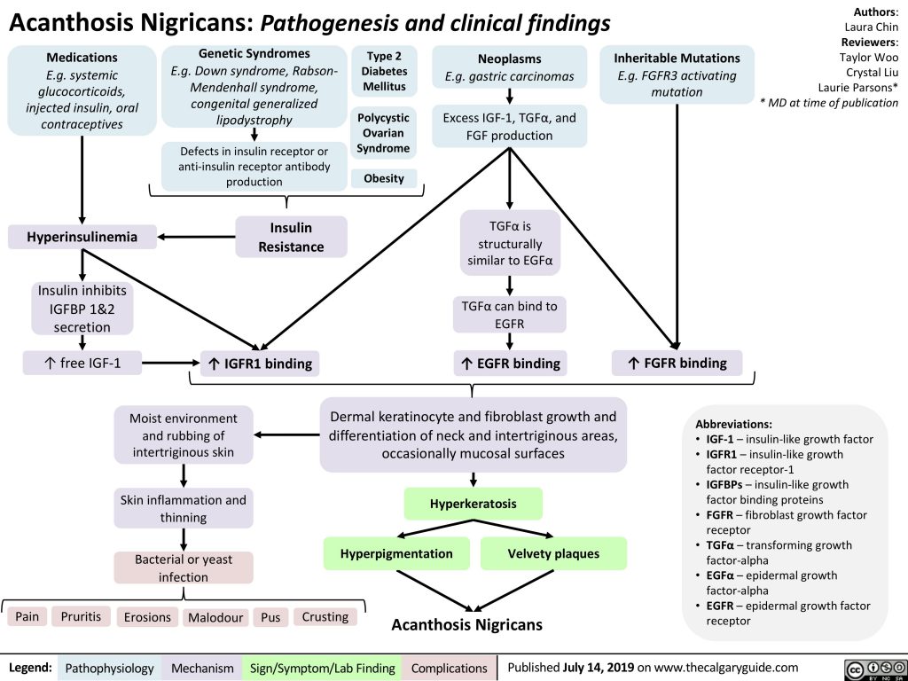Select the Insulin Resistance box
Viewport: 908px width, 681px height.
tap(291, 237)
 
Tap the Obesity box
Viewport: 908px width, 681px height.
tap(383, 178)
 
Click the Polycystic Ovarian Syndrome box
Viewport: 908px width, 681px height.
tap(383, 132)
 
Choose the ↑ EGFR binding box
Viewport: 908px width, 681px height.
tap(510, 363)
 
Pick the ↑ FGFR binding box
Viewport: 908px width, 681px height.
tap(677, 363)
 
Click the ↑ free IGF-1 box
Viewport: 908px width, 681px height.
tap(80, 363)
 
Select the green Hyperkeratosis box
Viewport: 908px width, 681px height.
tap(473, 504)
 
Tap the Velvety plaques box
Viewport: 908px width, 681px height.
tap(553, 553)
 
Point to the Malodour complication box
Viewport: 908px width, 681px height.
tap(215, 617)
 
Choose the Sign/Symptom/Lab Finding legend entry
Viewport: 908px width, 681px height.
tap(322, 667)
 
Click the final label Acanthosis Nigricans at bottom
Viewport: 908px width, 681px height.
tap(467, 625)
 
